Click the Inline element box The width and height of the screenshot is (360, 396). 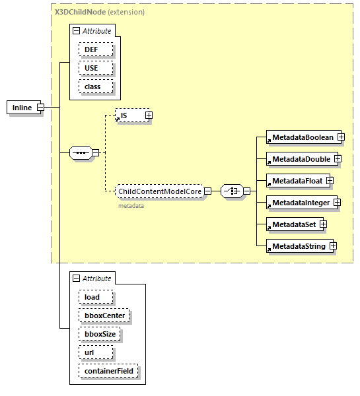click(x=22, y=108)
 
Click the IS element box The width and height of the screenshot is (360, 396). click(x=129, y=116)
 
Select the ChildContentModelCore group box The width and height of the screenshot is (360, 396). click(x=159, y=191)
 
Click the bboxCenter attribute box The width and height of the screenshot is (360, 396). click(x=104, y=315)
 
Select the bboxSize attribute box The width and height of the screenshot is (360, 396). click(x=100, y=334)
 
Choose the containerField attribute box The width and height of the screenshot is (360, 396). click(x=108, y=372)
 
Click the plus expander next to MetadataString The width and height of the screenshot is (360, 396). click(x=334, y=246)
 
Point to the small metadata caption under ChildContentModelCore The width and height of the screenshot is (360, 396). click(x=131, y=206)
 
